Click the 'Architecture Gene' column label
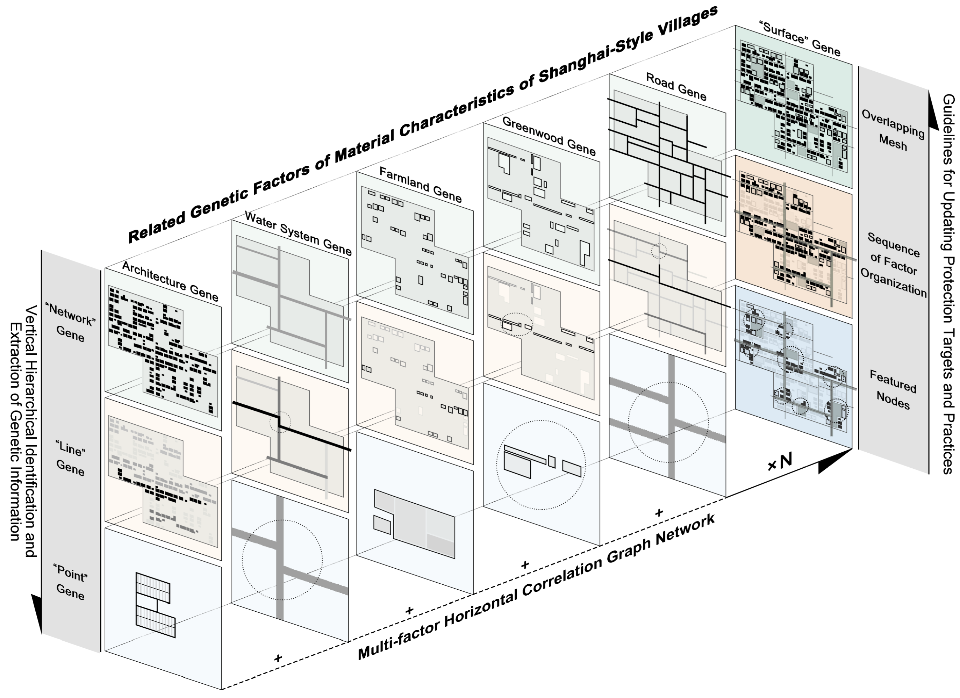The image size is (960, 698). (x=170, y=281)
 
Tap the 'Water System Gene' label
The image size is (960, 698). (x=298, y=233)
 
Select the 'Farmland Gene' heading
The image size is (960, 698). (x=420, y=184)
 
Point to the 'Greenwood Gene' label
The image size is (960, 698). (x=549, y=136)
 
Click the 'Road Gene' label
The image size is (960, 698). (x=676, y=87)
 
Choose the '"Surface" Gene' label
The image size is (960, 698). (x=800, y=39)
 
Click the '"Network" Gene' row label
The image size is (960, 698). (x=71, y=323)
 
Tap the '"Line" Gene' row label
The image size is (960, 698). (x=70, y=458)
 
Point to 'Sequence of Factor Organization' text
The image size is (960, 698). (x=893, y=264)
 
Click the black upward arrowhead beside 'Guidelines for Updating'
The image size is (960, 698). (x=933, y=110)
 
